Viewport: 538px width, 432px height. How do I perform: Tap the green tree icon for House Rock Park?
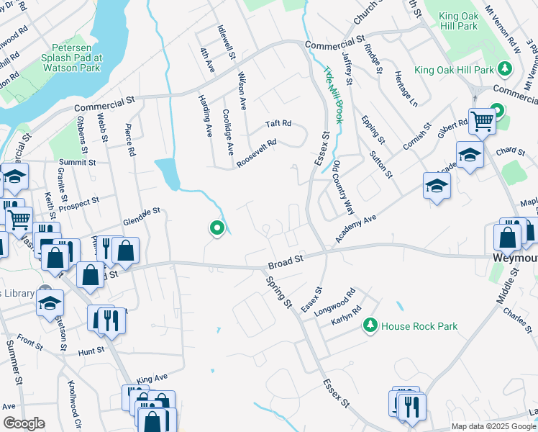pos(370,326)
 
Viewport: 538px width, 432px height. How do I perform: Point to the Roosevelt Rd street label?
pos(257,153)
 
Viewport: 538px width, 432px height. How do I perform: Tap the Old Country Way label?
pos(343,186)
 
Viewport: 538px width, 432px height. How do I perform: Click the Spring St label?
pos(279,294)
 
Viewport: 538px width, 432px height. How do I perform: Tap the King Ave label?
pos(152,378)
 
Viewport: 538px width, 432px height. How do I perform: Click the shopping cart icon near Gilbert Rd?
pos(481,121)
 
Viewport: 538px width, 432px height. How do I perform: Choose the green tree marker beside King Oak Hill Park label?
pos(506,70)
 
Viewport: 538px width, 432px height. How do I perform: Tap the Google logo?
pos(24,423)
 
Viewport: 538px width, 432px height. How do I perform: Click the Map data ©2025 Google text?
pos(493,426)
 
